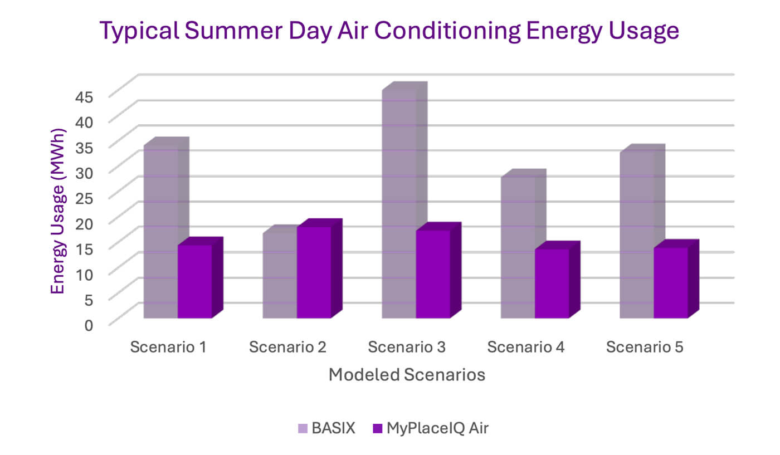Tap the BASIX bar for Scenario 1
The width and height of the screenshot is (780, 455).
(x=160, y=231)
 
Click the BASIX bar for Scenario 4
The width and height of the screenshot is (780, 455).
(x=518, y=248)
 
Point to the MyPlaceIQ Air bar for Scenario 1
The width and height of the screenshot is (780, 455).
(x=194, y=281)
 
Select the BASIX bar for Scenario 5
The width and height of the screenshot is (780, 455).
(x=636, y=234)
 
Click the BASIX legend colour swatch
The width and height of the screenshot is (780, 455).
(x=303, y=428)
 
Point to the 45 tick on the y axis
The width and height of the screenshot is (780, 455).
(x=90, y=95)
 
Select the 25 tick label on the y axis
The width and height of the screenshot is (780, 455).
(x=90, y=197)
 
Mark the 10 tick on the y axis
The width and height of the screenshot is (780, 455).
(x=90, y=273)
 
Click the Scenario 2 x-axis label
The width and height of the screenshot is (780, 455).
(x=287, y=348)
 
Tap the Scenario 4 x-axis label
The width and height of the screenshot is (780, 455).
(x=526, y=348)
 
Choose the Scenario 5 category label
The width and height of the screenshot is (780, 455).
(x=645, y=348)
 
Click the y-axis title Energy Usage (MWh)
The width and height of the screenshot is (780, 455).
(x=58, y=211)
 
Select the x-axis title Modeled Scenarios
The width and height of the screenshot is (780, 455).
(x=407, y=375)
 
